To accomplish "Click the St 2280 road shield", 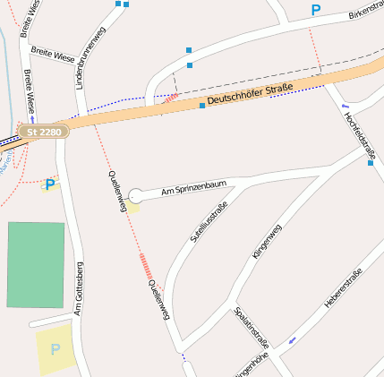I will point(42,132).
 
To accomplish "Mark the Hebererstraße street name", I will point(343,288).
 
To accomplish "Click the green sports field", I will point(36,265).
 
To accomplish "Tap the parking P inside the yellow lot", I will point(55,349).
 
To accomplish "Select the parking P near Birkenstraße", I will point(315,11).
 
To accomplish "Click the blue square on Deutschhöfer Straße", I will point(202,106).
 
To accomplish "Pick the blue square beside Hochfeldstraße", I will point(370,162).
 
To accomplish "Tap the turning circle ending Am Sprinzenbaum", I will point(135,195).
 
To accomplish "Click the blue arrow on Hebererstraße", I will point(292,340).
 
